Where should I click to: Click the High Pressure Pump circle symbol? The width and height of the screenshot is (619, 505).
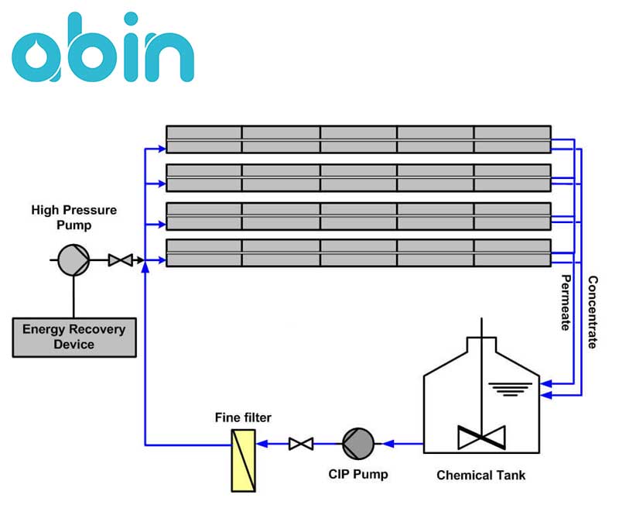coord(74,260)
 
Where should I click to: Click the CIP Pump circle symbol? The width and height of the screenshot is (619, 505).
coord(358,443)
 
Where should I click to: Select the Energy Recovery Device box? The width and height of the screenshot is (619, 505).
coord(74,336)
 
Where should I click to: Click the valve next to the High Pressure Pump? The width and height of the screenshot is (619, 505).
coord(120,260)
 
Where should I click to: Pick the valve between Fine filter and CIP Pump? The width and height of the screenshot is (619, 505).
coord(300,444)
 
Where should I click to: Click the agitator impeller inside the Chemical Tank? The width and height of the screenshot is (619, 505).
coord(481,437)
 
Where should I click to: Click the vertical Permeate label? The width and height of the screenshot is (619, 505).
coord(566,302)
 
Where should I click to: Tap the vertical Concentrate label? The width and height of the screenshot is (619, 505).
coord(592,312)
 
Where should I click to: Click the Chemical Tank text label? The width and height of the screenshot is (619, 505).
coord(481,475)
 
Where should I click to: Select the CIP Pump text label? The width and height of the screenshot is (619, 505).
coord(358,474)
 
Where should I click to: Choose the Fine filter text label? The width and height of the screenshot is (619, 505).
coord(243,418)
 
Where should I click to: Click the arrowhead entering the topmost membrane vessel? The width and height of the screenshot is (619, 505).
coord(160,146)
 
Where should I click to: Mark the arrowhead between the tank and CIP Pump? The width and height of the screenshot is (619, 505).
coord(389,444)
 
